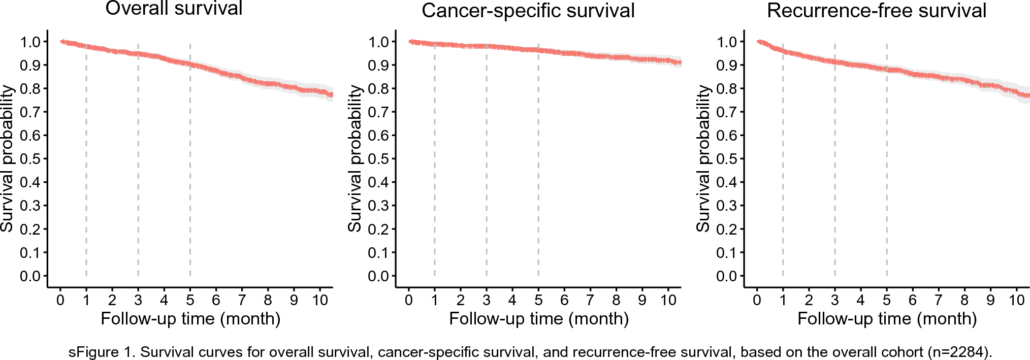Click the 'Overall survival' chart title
tap(174, 9)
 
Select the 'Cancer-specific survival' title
tap(528, 11)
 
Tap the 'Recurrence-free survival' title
tap(876, 11)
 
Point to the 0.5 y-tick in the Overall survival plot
tap(30, 159)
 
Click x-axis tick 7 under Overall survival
tap(242, 300)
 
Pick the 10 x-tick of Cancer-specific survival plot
tap(668, 300)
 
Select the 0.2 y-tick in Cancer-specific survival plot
tap(378, 229)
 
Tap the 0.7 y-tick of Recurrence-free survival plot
tap(727, 112)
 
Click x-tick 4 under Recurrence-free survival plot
tap(860, 300)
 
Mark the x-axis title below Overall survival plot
tap(190, 319)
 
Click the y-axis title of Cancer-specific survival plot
tap(355, 158)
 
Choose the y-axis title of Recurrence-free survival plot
tap(703, 158)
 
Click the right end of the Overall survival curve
tap(331, 94)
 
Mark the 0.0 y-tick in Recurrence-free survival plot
tap(727, 276)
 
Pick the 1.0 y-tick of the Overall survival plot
tap(30, 42)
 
